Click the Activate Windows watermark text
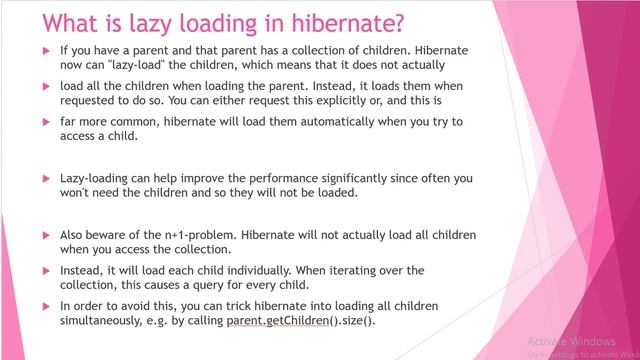coord(568,338)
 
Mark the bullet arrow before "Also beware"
coord(46,235)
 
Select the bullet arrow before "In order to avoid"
coord(46,306)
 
